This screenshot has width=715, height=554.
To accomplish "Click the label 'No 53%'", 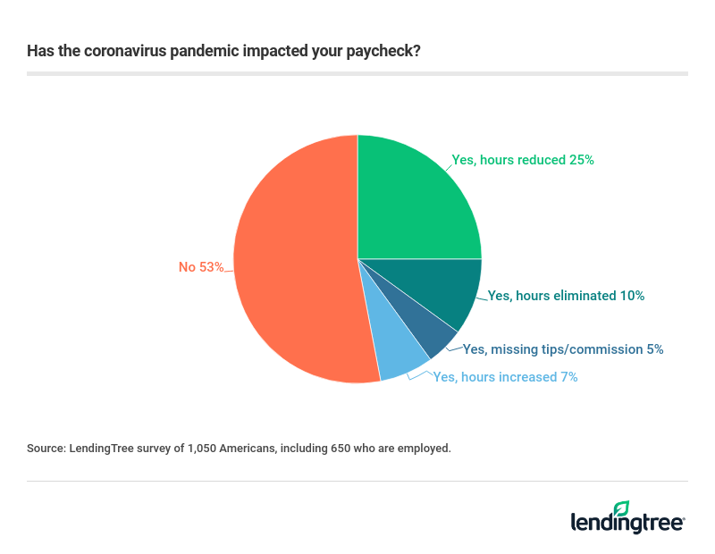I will (x=201, y=266).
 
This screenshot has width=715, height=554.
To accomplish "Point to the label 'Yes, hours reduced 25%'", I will (x=523, y=160).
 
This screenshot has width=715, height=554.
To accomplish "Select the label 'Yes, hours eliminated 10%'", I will (x=566, y=295).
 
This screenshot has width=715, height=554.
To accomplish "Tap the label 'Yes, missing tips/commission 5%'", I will (x=563, y=349).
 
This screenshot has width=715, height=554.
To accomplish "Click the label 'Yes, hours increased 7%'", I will (x=505, y=377).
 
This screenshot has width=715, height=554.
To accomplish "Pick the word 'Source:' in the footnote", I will (x=46, y=448).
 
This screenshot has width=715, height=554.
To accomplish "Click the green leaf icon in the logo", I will (x=621, y=508).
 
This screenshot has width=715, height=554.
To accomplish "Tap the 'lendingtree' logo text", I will (x=627, y=523).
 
